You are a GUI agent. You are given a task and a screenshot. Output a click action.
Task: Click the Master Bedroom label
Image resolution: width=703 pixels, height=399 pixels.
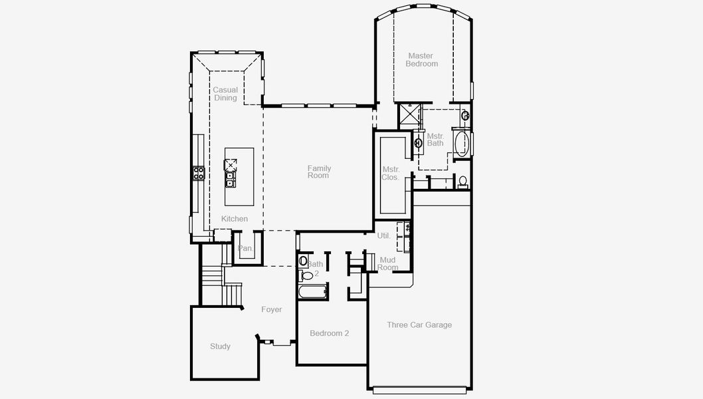point(422,60)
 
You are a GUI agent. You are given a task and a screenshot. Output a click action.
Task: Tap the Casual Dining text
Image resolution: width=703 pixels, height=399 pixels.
point(225,94)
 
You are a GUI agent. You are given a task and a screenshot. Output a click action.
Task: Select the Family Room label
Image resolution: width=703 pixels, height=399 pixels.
point(319,172)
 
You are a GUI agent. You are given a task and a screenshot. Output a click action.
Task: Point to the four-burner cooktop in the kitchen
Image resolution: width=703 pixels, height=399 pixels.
point(198,174)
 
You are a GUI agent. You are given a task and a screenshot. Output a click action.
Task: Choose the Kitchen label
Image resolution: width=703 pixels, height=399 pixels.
point(235,219)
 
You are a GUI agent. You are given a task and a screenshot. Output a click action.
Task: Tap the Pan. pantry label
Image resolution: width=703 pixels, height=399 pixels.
point(246,249)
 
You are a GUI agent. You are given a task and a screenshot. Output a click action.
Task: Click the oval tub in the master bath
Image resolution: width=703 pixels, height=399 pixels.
point(461,143)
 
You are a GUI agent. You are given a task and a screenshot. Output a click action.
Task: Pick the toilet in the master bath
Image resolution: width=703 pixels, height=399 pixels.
point(462,180)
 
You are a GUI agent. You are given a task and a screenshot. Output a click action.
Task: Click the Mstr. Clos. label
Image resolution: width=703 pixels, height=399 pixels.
point(390,174)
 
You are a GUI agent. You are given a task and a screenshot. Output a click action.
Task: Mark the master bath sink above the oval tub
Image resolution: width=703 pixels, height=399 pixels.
point(466,116)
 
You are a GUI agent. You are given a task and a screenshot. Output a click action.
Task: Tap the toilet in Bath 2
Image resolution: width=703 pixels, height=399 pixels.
point(307,275)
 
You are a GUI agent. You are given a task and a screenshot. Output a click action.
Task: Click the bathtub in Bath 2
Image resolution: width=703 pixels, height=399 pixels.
point(312,291)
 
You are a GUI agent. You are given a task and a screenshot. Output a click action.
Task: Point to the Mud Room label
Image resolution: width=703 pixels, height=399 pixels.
point(387,263)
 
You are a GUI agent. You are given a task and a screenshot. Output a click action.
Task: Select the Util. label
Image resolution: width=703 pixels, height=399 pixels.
point(384,235)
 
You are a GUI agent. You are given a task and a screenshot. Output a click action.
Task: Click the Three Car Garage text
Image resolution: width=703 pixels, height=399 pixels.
point(419,325)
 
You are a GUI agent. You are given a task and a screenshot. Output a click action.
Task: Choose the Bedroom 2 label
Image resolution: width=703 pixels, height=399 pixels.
point(330,333)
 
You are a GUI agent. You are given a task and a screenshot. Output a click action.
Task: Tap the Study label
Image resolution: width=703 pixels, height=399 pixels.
point(221,346)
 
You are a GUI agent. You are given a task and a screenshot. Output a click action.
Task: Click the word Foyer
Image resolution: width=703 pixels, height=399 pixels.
point(271,309)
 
